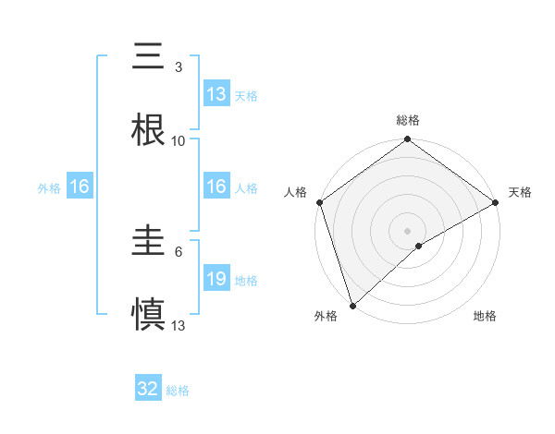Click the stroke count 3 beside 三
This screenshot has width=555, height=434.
click(x=179, y=66)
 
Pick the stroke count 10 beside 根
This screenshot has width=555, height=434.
click(x=179, y=140)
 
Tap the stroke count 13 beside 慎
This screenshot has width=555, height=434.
click(x=179, y=325)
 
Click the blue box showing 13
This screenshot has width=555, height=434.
click(x=216, y=94)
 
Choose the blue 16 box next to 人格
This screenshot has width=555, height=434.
click(x=216, y=187)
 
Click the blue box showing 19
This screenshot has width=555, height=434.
click(x=216, y=279)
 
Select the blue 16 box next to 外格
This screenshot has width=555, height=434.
click(x=80, y=187)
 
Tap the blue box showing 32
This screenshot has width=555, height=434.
click(x=148, y=389)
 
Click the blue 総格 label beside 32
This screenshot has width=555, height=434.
click(x=178, y=391)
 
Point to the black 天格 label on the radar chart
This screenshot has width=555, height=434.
click(x=520, y=192)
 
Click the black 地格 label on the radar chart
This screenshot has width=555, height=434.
click(x=485, y=316)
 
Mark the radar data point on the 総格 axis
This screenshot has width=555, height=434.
click(x=407, y=140)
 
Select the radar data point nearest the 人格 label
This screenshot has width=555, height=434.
click(x=319, y=202)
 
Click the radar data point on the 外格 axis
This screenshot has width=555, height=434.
click(x=352, y=304)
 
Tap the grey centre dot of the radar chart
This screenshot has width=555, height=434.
click(x=407, y=230)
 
